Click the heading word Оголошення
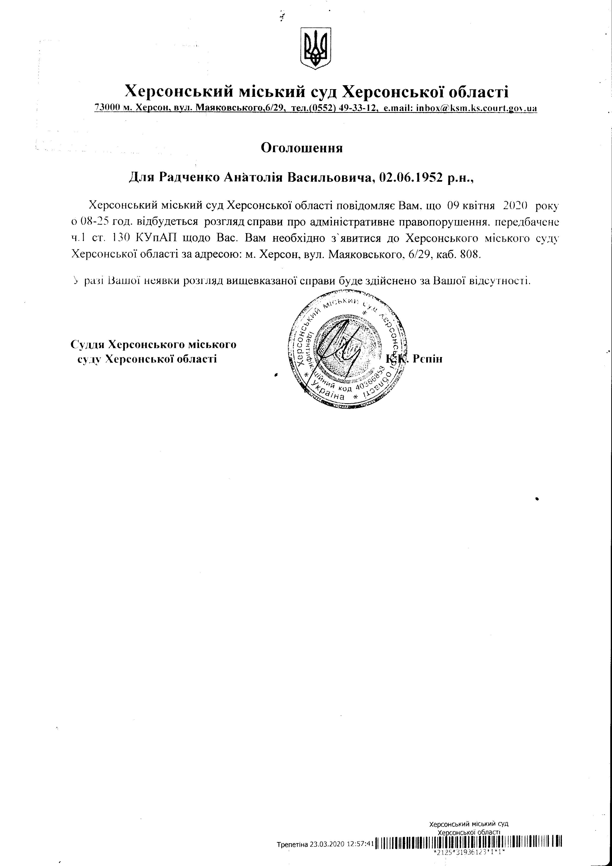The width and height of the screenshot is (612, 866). [x=302, y=147]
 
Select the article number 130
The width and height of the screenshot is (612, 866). [x=115, y=238]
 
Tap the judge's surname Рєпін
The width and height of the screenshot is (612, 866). [x=427, y=358]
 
